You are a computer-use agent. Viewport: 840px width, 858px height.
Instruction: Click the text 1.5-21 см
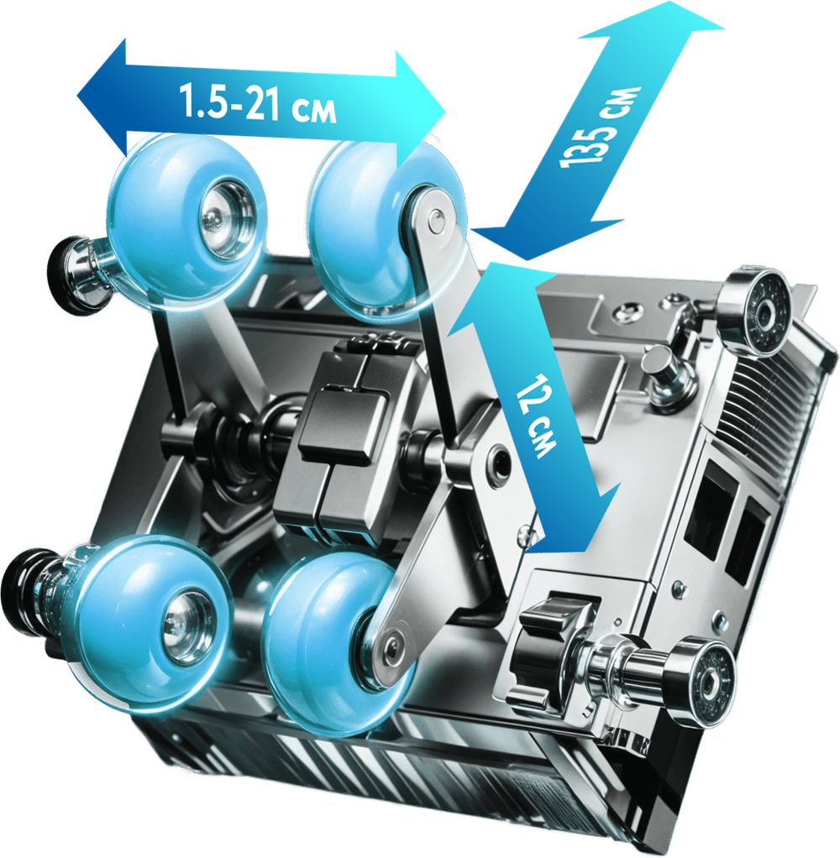point(257,103)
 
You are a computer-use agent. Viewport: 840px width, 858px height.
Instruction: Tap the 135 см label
point(600,127)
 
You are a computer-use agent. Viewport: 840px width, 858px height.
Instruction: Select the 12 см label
point(537,416)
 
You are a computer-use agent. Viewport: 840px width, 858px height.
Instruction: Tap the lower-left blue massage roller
point(150,620)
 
